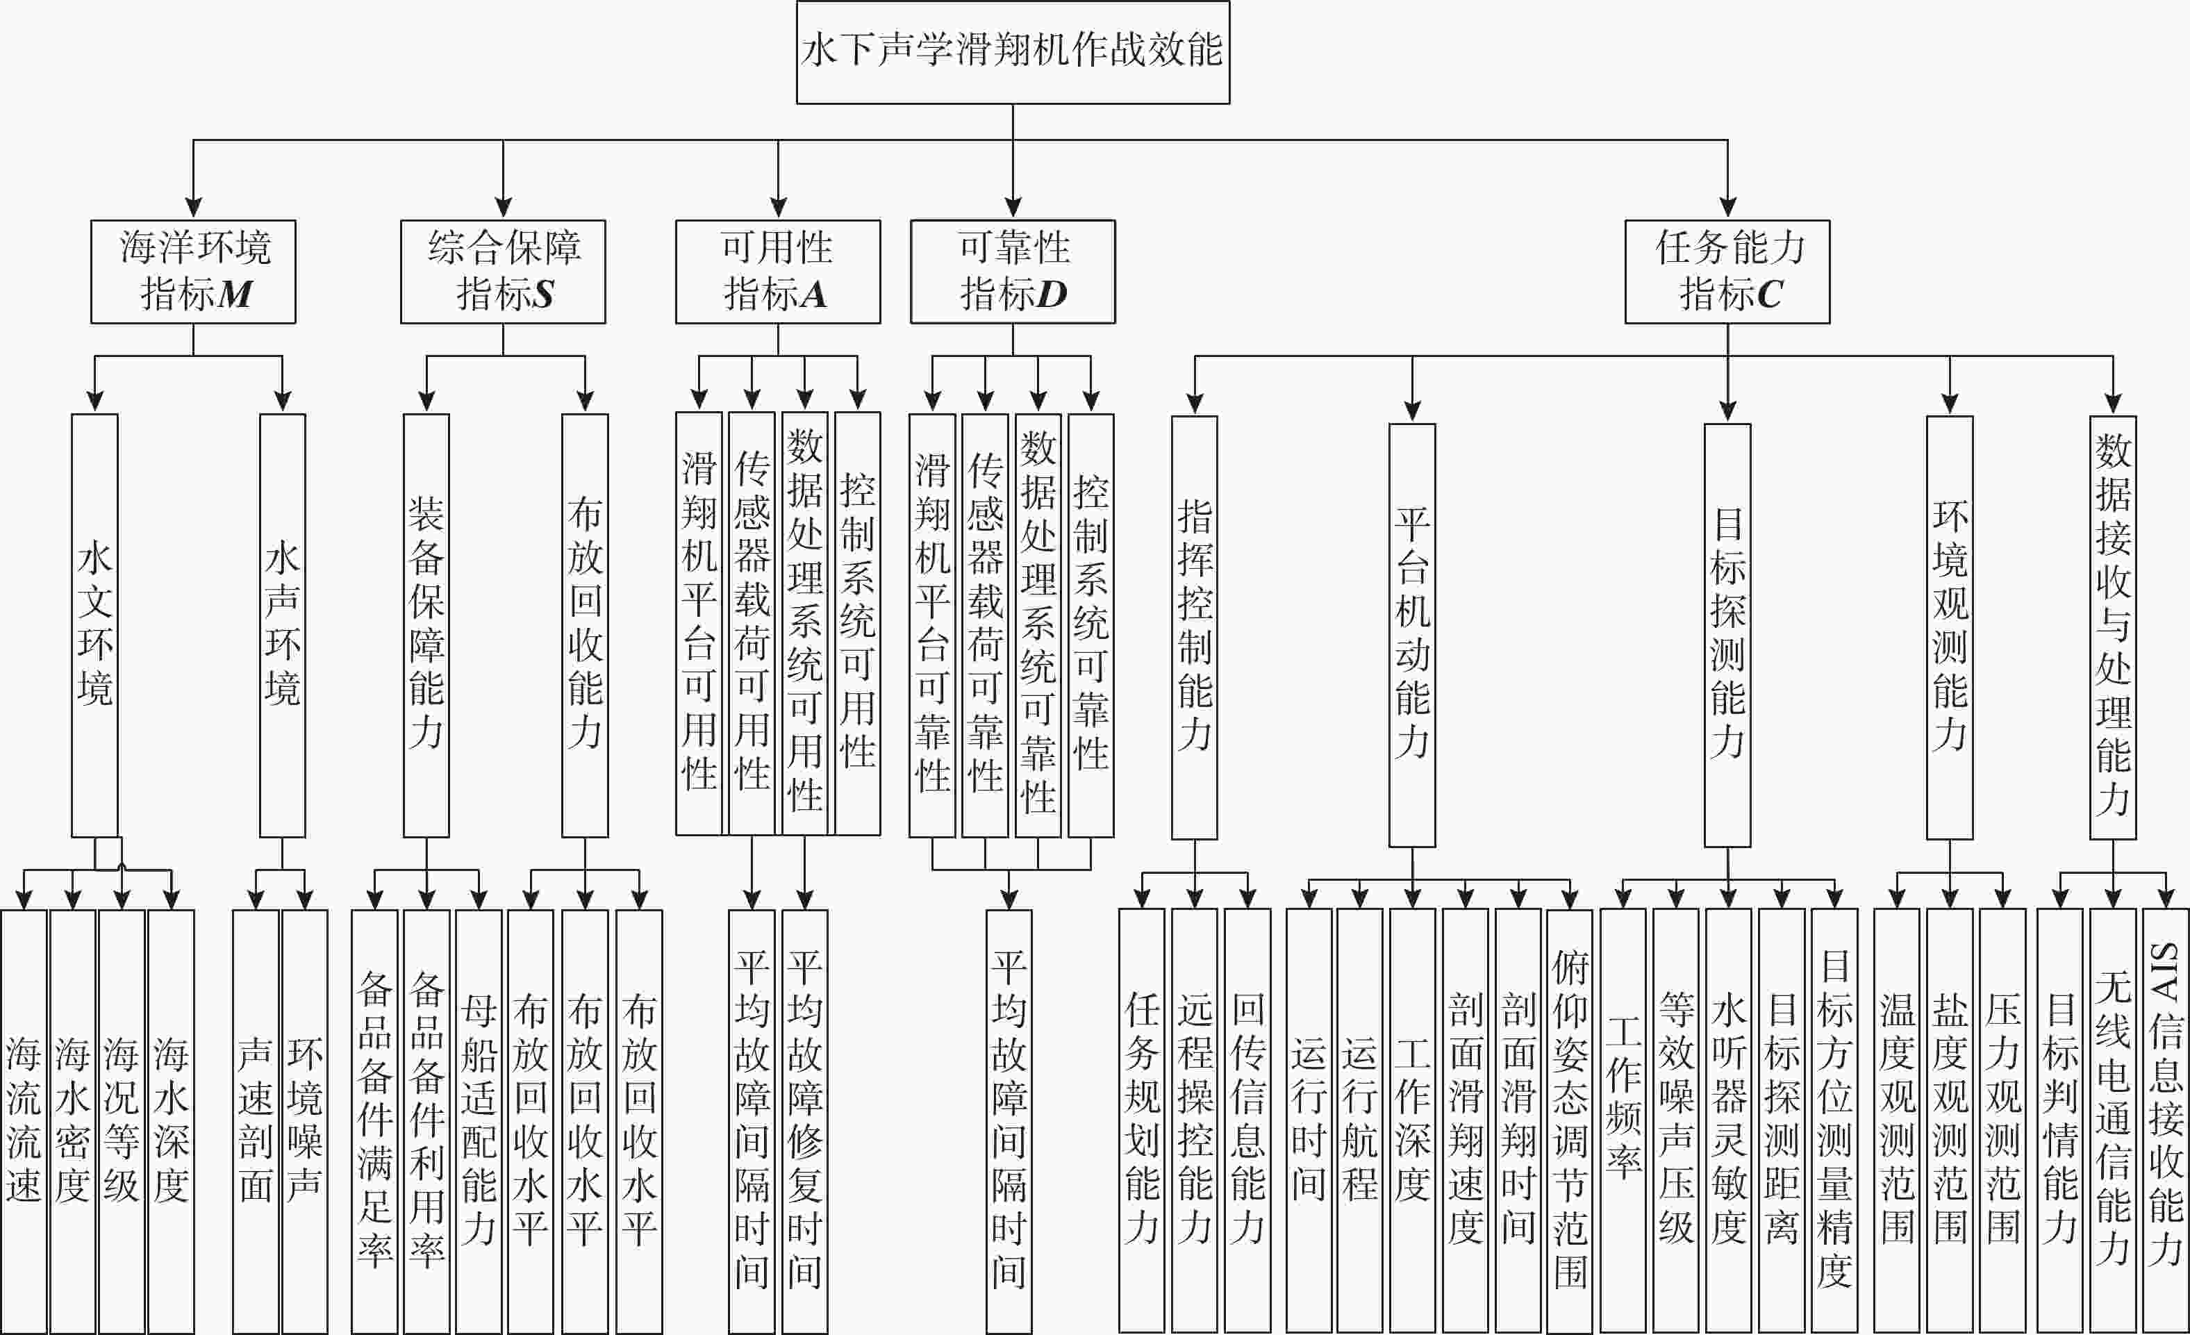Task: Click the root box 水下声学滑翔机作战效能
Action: pyautogui.click(x=1013, y=52)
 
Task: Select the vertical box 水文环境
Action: pyautogui.click(x=94, y=626)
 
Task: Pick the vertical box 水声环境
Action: pyautogui.click(x=283, y=626)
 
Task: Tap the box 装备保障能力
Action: pyautogui.click(x=426, y=626)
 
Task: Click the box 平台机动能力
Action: pyautogui.click(x=1412, y=636)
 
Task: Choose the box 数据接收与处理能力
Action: pyautogui.click(x=2113, y=627)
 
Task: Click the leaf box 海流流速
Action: pyautogui.click(x=24, y=1121)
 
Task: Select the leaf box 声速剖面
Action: pyautogui.click(x=256, y=1121)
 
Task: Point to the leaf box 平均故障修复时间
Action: pyautogui.click(x=804, y=1121)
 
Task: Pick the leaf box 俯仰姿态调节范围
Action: pyautogui.click(x=1570, y=1121)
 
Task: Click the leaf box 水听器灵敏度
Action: pyautogui.click(x=1729, y=1121)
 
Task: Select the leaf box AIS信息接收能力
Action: pyautogui.click(x=2165, y=1121)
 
